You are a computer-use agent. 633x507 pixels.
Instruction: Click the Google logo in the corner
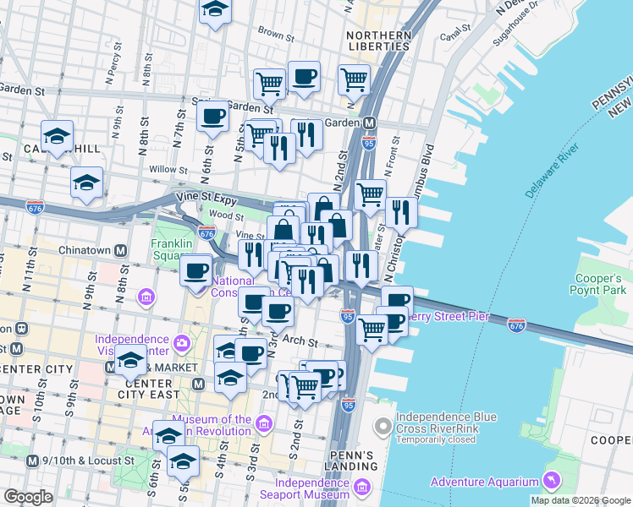pos(28,497)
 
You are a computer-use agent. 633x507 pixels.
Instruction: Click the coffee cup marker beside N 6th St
pos(213,116)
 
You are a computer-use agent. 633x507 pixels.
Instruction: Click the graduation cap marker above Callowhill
pos(58,134)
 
